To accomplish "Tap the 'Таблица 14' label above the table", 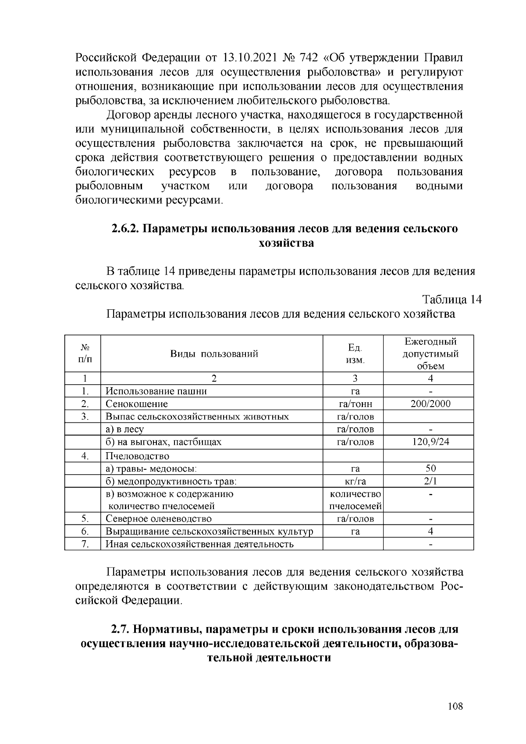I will point(451,300).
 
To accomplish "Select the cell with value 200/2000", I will point(430,404).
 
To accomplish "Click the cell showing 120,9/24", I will point(430,442).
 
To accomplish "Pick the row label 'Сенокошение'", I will point(136,404).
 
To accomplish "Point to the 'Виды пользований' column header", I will point(214,354).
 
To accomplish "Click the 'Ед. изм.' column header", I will point(355,354).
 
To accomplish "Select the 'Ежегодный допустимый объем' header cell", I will point(430,354).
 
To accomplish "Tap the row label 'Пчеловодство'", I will point(137,456).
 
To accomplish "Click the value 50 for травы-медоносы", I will point(430,469).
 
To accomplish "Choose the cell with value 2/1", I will point(430,482).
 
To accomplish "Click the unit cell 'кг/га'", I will point(355,482).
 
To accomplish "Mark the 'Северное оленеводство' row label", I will point(158,519).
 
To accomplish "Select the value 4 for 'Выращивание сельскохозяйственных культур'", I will point(430,531).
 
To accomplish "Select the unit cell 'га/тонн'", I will point(355,404).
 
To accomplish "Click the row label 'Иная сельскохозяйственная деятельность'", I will point(199,544).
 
